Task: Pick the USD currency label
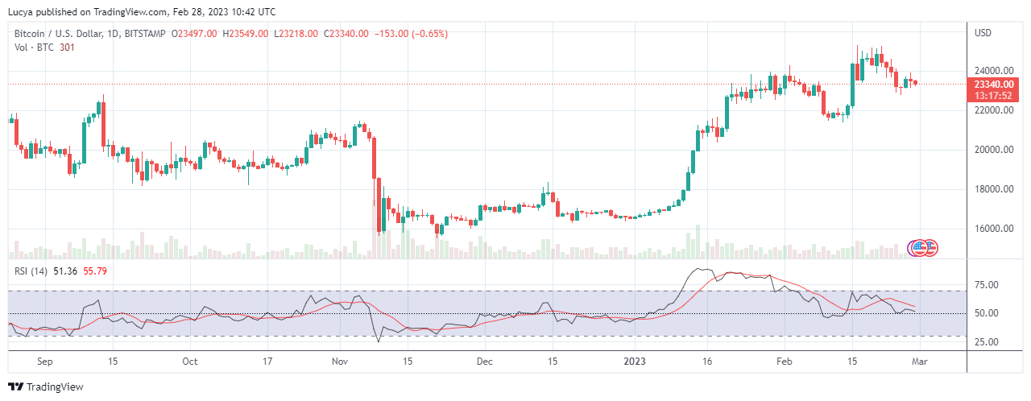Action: [983, 33]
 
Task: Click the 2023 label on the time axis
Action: [636, 362]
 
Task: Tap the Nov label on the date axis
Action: [339, 362]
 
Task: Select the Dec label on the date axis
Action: [485, 362]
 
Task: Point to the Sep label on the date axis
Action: [45, 362]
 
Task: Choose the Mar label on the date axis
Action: [920, 362]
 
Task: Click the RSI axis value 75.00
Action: [987, 285]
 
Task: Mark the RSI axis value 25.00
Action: [987, 341]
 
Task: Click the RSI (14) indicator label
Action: [31, 271]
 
